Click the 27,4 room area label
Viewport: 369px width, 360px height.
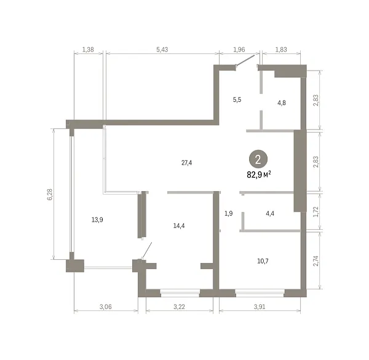[186, 163]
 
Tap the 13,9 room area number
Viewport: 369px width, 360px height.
[97, 220]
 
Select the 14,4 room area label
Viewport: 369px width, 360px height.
[179, 226]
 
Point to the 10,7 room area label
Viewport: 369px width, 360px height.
[263, 261]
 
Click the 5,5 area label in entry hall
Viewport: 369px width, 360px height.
[237, 100]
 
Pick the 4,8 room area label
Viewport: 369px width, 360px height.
[282, 103]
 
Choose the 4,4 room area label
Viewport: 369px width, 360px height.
[270, 214]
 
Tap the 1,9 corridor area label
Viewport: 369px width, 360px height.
[229, 214]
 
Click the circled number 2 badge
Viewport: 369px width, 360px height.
[258, 160]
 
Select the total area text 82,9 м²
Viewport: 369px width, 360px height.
[259, 174]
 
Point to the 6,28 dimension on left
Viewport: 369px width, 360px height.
[50, 195]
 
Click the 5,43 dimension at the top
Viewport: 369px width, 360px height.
[162, 50]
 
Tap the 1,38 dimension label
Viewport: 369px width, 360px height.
[88, 50]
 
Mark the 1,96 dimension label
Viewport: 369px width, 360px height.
[239, 50]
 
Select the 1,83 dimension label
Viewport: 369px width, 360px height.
[281, 50]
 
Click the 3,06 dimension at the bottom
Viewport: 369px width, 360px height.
[105, 307]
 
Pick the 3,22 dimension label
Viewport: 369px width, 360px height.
[179, 307]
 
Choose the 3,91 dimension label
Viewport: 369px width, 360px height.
[260, 307]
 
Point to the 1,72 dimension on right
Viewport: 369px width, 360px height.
[316, 211]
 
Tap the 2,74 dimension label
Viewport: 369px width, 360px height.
[316, 260]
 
